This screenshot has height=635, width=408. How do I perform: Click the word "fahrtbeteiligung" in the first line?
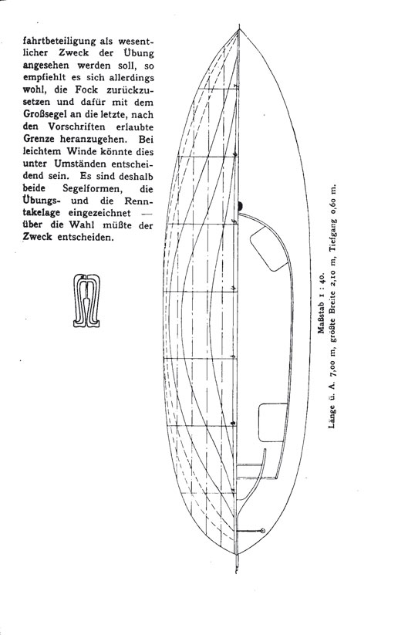(x=59, y=42)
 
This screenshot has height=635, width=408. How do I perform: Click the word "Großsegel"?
(x=43, y=115)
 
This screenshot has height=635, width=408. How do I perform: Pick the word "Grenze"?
(x=39, y=139)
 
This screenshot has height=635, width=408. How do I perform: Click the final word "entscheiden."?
(x=86, y=238)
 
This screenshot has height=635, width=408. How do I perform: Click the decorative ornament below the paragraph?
(x=86, y=300)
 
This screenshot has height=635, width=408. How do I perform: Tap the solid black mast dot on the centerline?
(x=240, y=207)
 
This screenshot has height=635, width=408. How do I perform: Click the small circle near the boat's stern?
(x=263, y=531)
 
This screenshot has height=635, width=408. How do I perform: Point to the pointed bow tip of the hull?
(x=239, y=28)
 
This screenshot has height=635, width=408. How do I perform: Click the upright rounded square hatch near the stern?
(x=273, y=422)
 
